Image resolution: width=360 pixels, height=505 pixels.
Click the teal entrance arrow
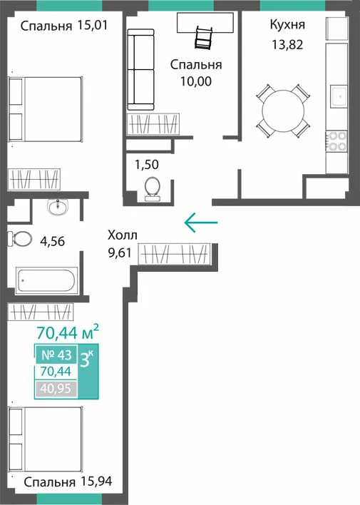point(201,223)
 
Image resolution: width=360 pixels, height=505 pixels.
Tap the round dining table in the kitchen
point(283,111)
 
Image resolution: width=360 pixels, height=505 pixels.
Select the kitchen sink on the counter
point(339,96)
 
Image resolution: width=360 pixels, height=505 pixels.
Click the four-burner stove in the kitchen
point(336,141)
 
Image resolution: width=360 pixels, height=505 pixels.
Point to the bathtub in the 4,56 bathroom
point(46,280)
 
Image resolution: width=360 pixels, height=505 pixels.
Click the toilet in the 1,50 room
point(152,190)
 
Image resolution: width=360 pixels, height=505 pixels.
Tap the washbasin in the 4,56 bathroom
point(58,206)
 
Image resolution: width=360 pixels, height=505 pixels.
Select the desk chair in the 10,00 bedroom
point(203,37)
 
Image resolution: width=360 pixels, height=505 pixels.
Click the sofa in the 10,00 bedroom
point(140,70)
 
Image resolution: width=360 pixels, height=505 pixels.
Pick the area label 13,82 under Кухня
point(287,45)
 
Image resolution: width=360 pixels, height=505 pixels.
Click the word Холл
point(123,235)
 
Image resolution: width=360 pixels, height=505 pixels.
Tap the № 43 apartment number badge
point(56,355)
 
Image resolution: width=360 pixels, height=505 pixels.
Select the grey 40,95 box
point(56,389)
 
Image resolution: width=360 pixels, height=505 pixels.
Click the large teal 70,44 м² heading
point(68,332)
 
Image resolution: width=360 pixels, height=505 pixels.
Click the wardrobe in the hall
point(174,254)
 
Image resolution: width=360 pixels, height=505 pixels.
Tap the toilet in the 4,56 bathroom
point(20,239)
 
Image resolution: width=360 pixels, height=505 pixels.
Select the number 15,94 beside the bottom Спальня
point(96,481)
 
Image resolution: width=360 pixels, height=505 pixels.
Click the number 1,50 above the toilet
point(147,165)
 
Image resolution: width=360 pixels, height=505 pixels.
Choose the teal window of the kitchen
point(292,6)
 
